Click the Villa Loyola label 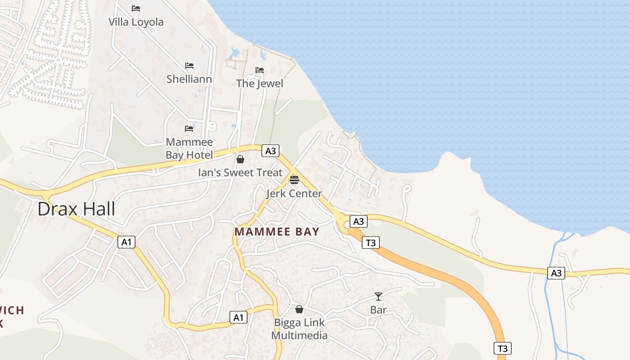point(136,22)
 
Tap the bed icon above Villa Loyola point(136,9)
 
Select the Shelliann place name point(189,79)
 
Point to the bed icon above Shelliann point(189,66)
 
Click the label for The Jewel point(260,83)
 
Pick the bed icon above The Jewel point(260,70)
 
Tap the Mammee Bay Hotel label point(189,149)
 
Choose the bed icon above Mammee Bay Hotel point(189,129)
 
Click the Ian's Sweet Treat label point(240,172)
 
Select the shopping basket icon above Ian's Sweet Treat point(240,159)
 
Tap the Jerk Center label point(294,193)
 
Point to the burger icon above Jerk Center point(294,180)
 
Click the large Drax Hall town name point(76,209)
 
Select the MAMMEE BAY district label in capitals point(277,232)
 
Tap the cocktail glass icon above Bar point(378,297)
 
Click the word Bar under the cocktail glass point(378,310)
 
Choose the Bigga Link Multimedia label point(299,329)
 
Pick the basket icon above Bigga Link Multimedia point(299,310)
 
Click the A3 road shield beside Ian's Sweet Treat point(270,151)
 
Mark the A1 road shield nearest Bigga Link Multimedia point(238,317)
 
